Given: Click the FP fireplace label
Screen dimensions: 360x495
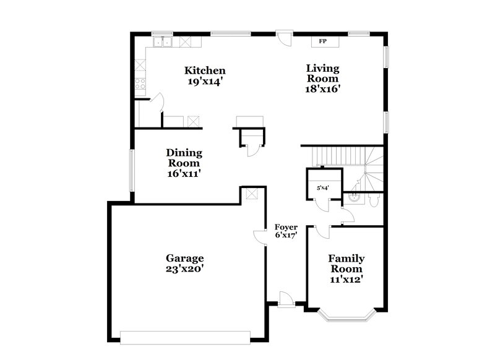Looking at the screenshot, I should point(322,42).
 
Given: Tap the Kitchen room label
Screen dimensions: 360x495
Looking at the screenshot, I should point(205,71).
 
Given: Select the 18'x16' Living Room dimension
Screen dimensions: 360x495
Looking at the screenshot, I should point(322,88).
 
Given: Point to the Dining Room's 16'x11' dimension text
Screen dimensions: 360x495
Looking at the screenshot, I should point(184,174).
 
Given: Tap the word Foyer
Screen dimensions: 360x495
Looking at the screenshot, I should point(286,227).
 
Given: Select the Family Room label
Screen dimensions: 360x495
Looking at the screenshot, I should point(346,264).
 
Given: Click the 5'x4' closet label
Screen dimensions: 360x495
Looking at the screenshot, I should point(322,187).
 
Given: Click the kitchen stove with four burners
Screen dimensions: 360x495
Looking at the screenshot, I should point(140,83).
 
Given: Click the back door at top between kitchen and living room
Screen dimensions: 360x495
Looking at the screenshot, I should point(283,37).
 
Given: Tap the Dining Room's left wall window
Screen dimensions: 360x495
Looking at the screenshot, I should point(131,169).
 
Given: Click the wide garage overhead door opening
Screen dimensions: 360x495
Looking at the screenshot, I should point(184,337).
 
